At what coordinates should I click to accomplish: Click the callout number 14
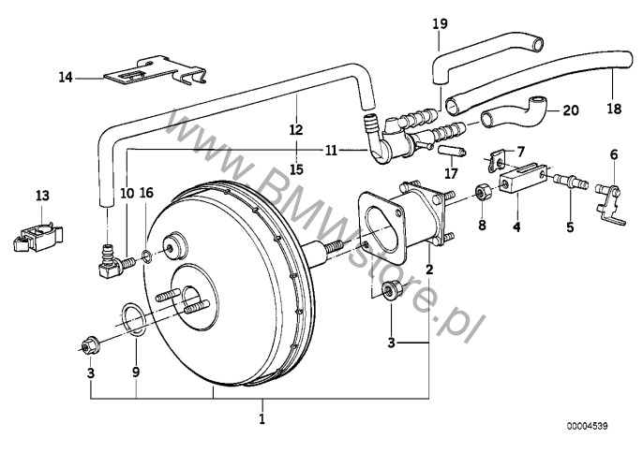point(66,77)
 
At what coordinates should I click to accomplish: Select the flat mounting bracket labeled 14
point(156,72)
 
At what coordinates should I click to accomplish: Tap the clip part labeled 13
point(37,237)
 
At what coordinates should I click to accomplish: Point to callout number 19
point(440,23)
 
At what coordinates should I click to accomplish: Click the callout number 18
point(614,109)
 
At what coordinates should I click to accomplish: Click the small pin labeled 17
point(453,151)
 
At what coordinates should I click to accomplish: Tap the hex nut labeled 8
point(482,193)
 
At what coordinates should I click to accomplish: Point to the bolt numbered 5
point(571,181)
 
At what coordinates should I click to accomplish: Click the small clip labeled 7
point(496,160)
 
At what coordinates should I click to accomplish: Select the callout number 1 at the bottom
point(262,418)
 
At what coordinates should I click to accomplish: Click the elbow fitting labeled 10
point(113,263)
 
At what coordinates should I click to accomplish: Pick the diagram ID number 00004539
point(588,427)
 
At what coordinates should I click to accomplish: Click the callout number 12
point(295,130)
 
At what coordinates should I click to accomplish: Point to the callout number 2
point(429,270)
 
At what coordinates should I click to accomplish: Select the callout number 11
point(331,151)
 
